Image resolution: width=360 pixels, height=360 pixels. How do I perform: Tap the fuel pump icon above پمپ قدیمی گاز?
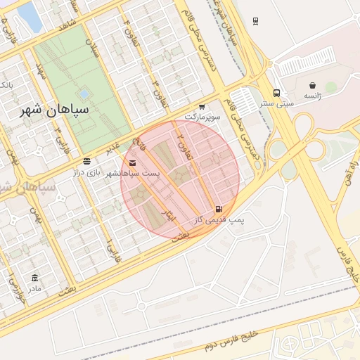coord(219,209)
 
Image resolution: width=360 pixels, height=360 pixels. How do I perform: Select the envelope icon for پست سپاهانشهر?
coord(133,163)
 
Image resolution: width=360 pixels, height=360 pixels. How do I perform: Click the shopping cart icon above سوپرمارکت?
coord(202,105)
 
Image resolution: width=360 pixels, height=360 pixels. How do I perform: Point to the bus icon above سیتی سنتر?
coord(276,93)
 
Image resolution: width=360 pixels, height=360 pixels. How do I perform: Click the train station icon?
coord(255,21)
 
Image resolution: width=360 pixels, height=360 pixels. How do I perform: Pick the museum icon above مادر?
coord(35,278)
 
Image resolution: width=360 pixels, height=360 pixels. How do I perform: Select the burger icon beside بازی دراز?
coord(86,161)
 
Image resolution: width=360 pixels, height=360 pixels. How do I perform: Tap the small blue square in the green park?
coord(84,93)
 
